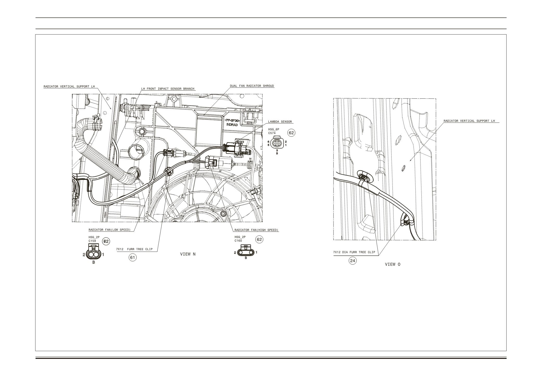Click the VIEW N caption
coord(188,254)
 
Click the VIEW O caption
coord(393,265)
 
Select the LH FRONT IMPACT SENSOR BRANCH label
coord(168,89)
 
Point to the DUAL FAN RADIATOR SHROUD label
coord(252,86)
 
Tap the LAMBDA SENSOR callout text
coord(280,122)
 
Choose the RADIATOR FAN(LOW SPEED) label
coord(109,230)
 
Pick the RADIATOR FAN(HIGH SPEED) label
coord(256,230)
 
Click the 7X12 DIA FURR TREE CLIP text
coord(354,252)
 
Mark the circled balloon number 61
coord(133,258)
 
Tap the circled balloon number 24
coord(353,261)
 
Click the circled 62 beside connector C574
coord(291,133)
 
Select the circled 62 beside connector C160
coord(259,240)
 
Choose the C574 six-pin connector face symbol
coord(277,143)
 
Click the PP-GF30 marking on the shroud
coord(233,121)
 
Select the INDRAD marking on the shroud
coord(232,125)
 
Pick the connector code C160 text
coord(238,241)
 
